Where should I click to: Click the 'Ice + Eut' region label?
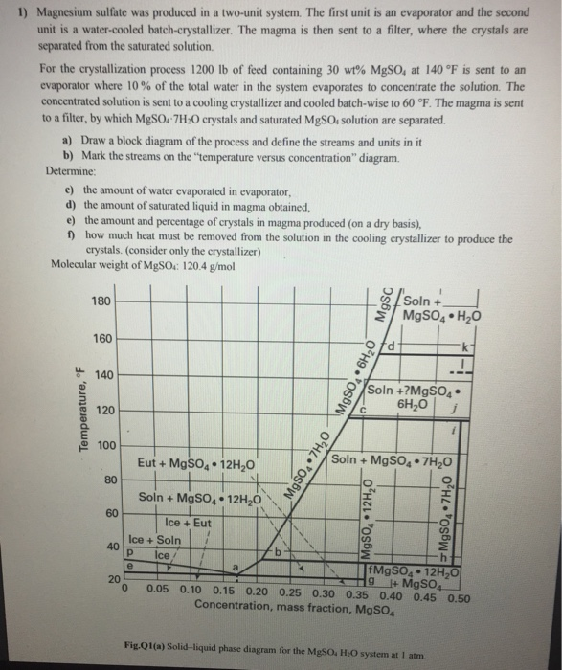pyautogui.click(x=189, y=523)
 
